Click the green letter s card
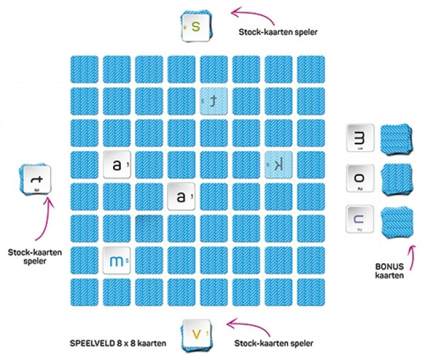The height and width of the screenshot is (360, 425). click(x=196, y=27)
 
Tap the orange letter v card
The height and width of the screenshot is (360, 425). click(x=196, y=334)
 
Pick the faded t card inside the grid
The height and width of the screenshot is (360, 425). click(x=214, y=100)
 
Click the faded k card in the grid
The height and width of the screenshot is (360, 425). click(x=279, y=165)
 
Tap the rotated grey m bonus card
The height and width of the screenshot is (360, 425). click(x=359, y=138)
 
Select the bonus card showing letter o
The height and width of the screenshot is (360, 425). click(x=359, y=178)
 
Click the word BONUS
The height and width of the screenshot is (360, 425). click(x=389, y=266)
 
